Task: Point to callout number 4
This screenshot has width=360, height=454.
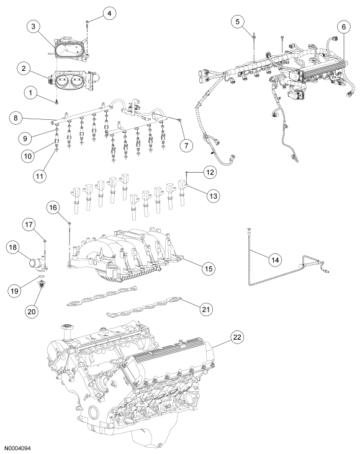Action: (107, 12)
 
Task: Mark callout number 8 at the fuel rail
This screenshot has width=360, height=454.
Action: (18, 117)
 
